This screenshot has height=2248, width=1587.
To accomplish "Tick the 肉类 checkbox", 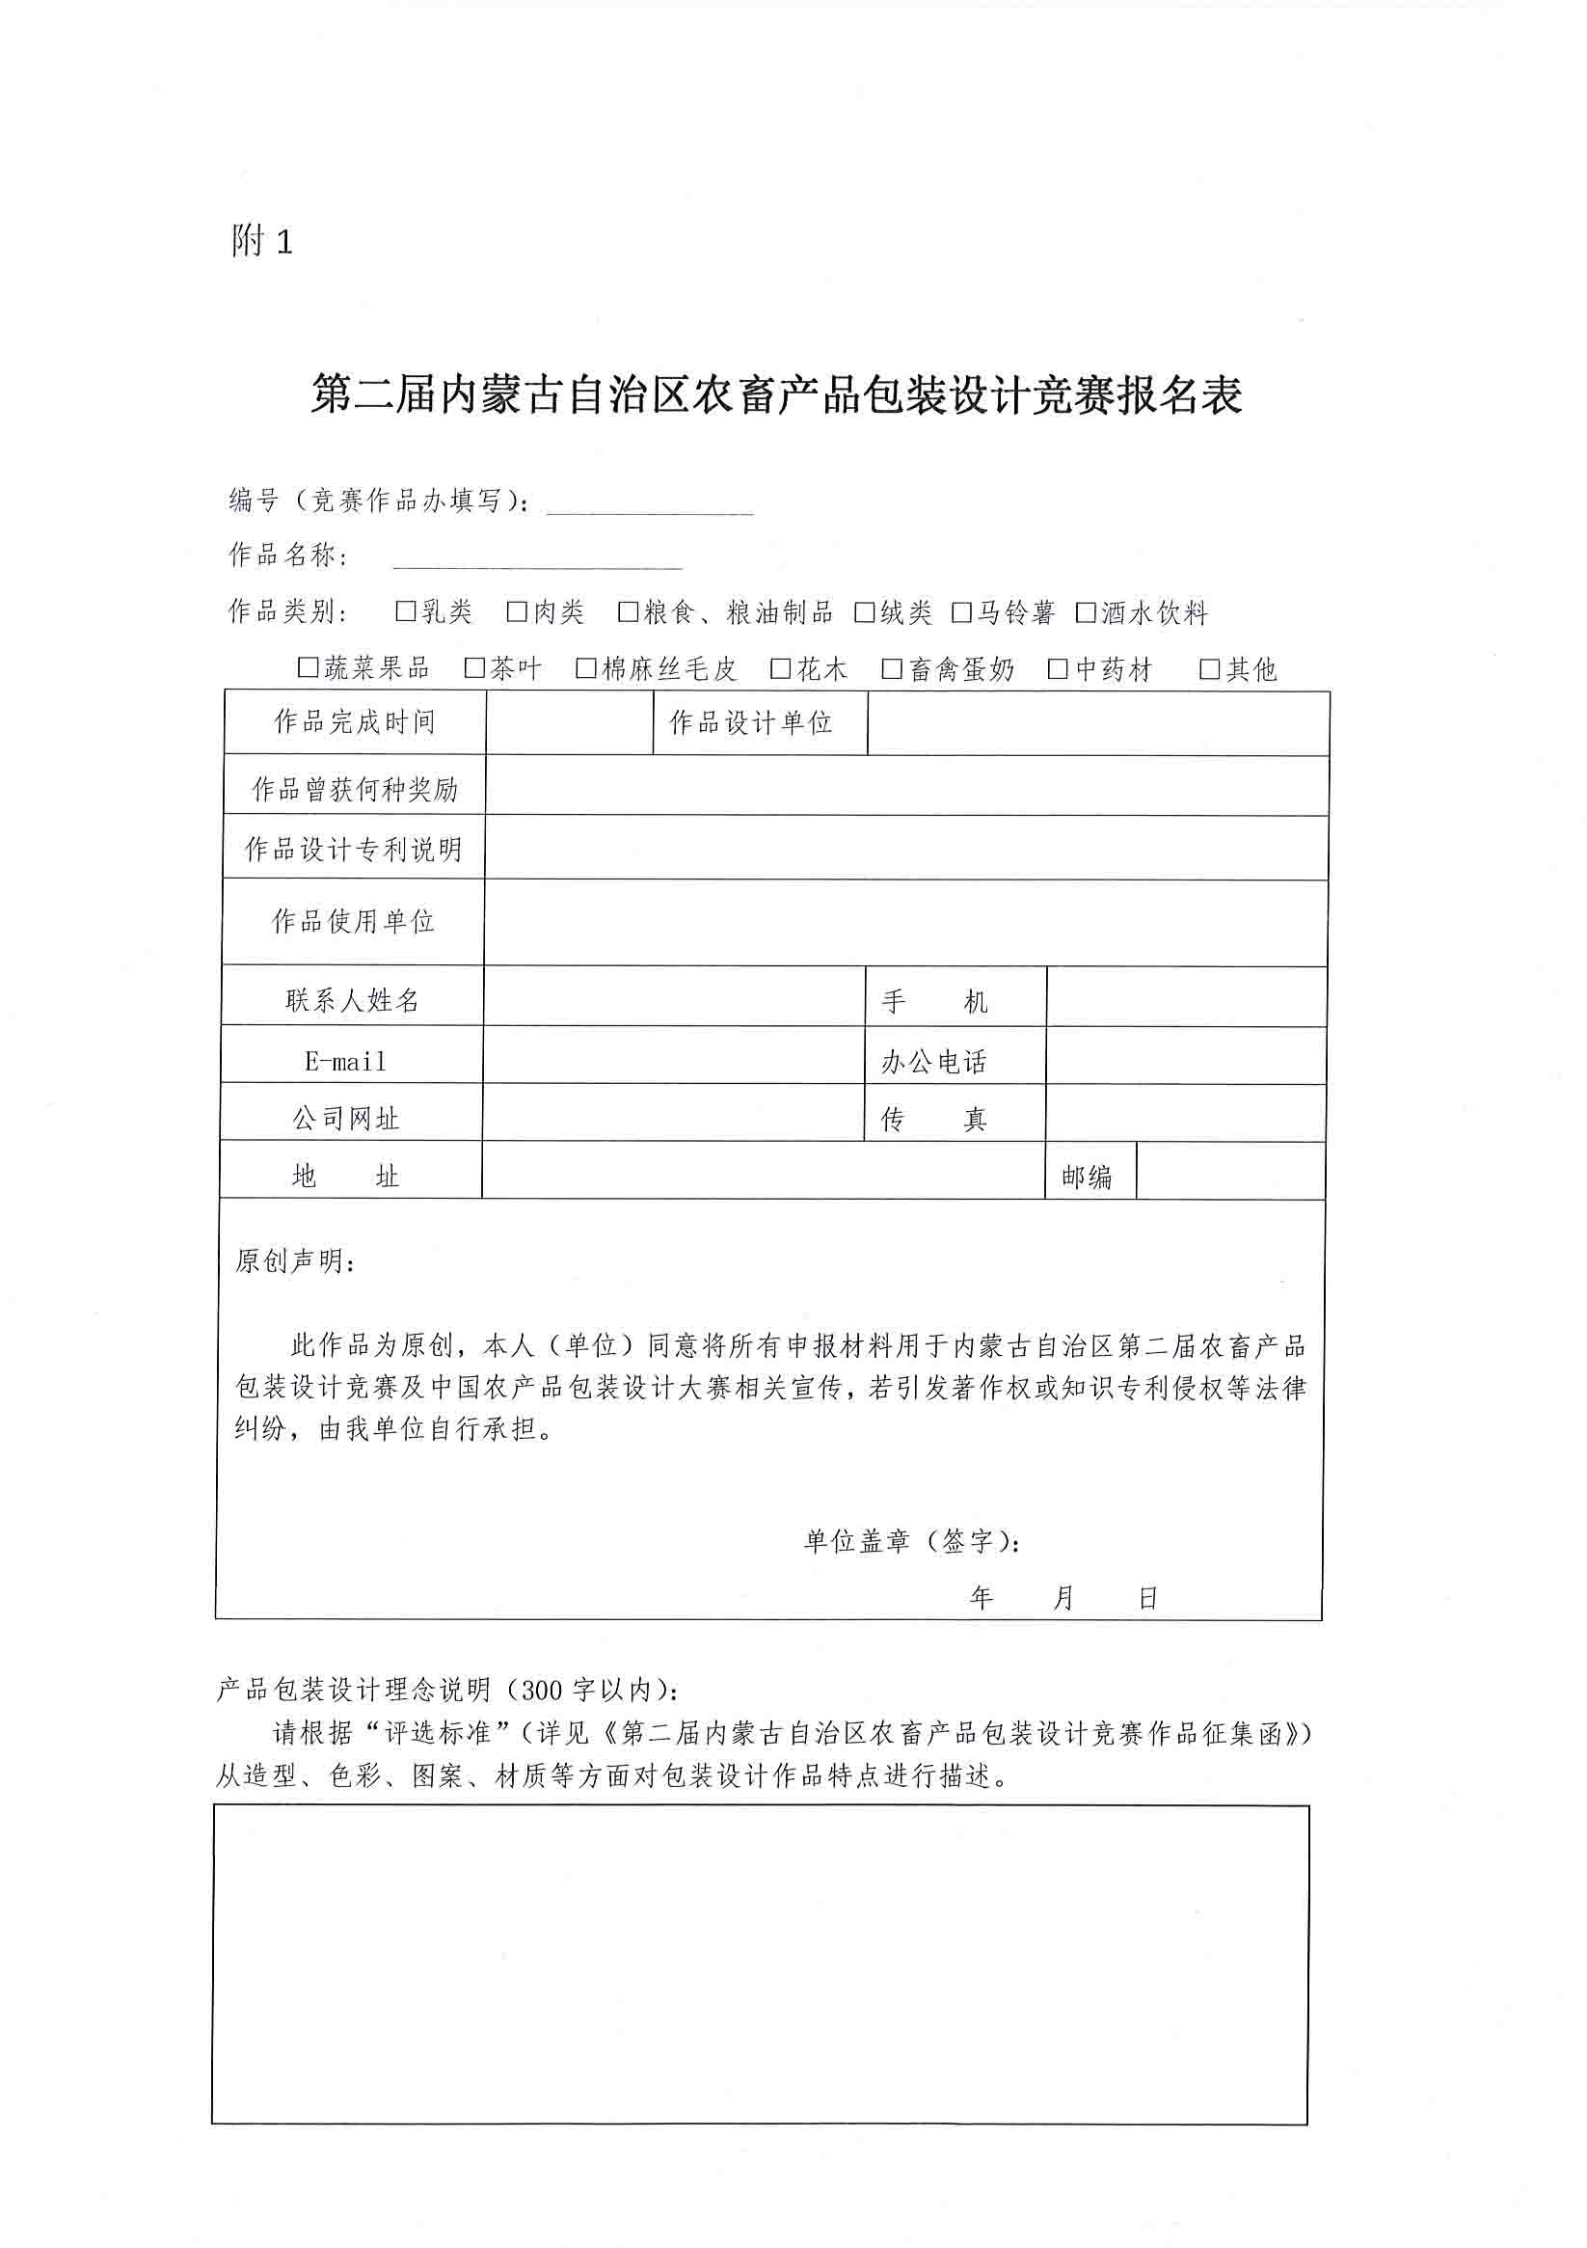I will pyautogui.click(x=517, y=612).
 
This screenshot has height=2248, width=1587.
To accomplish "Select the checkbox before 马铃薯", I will pyautogui.click(x=961, y=613).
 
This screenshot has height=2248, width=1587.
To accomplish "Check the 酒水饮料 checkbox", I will pyautogui.click(x=1085, y=613).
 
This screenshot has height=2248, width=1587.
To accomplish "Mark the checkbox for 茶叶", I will pyautogui.click(x=474, y=668).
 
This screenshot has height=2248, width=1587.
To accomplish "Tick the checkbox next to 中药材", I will pyautogui.click(x=1058, y=669).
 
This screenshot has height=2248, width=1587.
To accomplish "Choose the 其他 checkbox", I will pyautogui.click(x=1210, y=669).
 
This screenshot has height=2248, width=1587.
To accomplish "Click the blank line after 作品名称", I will pyautogui.click(x=536, y=558).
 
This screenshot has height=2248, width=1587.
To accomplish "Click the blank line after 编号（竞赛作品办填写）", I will pyautogui.click(x=649, y=503).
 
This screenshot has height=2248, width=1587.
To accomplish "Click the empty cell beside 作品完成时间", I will pyautogui.click(x=569, y=723).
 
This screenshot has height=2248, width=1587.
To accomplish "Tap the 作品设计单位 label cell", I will pyautogui.click(x=751, y=723).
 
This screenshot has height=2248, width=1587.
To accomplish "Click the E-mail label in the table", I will pyautogui.click(x=345, y=1062).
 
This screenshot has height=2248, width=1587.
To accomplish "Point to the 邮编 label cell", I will pyautogui.click(x=1087, y=1176).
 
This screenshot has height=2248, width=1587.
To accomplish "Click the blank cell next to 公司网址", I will pyautogui.click(x=673, y=1113).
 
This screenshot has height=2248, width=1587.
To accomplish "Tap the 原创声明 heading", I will pyautogui.click(x=294, y=1261).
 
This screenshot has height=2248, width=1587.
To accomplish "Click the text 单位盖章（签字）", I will pyautogui.click(x=910, y=1542).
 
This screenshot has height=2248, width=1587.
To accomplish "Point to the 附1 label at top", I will pyautogui.click(x=261, y=241).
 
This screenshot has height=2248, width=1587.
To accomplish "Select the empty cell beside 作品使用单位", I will pyautogui.click(x=904, y=921).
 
